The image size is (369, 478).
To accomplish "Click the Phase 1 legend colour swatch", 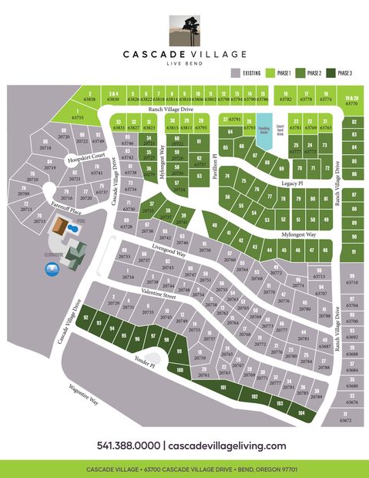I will [271, 73].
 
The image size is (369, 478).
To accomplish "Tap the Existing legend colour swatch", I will [234, 73].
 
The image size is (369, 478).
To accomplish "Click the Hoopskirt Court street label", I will [84, 160].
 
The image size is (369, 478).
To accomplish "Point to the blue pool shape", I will [74, 231].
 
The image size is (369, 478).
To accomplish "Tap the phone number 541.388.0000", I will [129, 446].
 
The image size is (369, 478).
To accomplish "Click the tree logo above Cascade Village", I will [184, 26].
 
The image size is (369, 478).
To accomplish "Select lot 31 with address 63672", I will [345, 417].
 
